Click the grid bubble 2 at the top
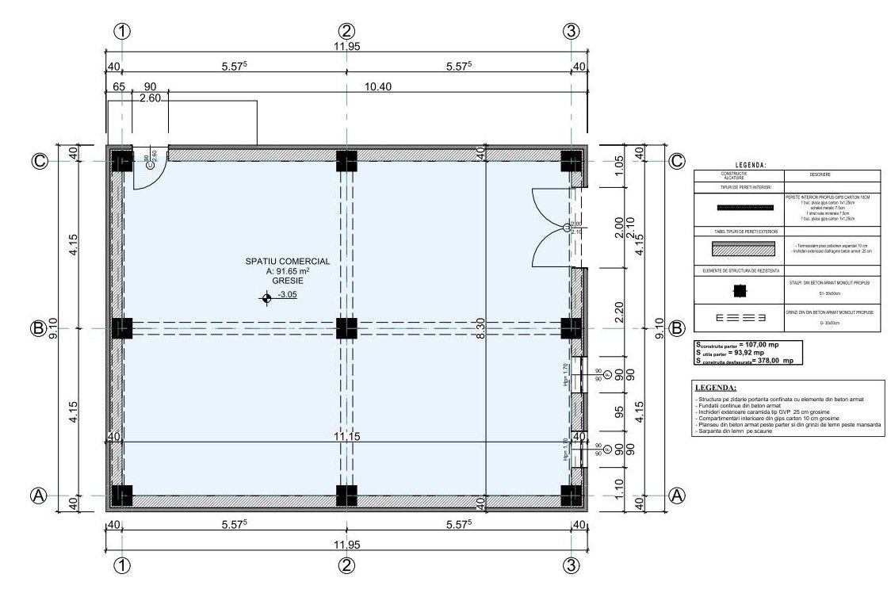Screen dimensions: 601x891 pos(346,31)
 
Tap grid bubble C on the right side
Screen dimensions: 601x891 pos(676,161)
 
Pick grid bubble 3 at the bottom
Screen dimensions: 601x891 pos(572,565)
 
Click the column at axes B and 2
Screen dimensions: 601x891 pos(346,328)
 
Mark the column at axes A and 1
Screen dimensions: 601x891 pos(121,496)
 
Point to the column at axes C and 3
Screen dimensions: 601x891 pos(572,161)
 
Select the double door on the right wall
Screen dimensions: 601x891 pos(555,228)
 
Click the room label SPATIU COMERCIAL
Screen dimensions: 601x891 pos(287,260)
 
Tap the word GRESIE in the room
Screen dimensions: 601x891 pos(287,281)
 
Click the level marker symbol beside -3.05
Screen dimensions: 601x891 pos(266,298)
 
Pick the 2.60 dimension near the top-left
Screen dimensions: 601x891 pos(149,98)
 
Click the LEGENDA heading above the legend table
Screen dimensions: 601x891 pos(750,165)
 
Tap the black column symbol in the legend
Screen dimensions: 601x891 pos(739,291)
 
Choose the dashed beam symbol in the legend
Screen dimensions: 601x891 pos(739,319)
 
